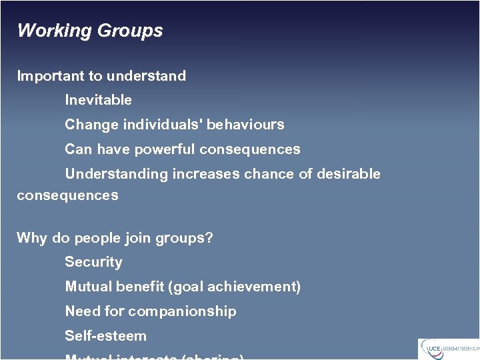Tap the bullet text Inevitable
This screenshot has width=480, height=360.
(98, 100)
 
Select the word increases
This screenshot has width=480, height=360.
(206, 174)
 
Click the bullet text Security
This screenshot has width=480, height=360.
(93, 263)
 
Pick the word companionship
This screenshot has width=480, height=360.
(182, 311)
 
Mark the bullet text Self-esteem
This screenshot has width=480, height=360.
(105, 336)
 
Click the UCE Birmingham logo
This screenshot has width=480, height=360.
(448, 348)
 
